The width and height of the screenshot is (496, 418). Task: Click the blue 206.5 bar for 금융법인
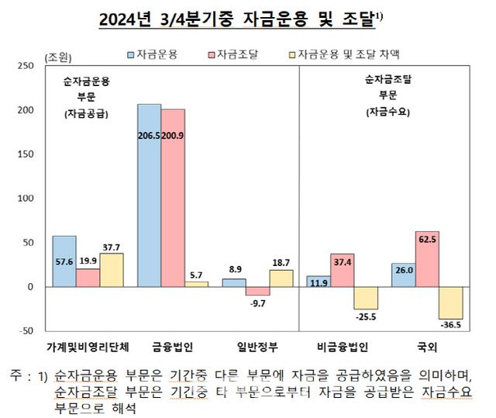(x=149, y=194)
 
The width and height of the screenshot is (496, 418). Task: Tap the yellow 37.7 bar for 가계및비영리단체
(x=112, y=270)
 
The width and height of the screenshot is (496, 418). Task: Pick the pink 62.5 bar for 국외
(x=427, y=259)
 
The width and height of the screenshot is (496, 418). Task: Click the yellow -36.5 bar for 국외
(x=451, y=302)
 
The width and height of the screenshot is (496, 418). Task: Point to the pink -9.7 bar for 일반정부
(x=258, y=291)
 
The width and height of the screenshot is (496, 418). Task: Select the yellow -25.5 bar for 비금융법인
(x=366, y=298)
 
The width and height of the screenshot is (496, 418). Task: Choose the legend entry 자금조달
(x=237, y=54)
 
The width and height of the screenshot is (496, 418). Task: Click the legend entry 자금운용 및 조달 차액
(x=348, y=54)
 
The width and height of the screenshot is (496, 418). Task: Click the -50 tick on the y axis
(x=25, y=331)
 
